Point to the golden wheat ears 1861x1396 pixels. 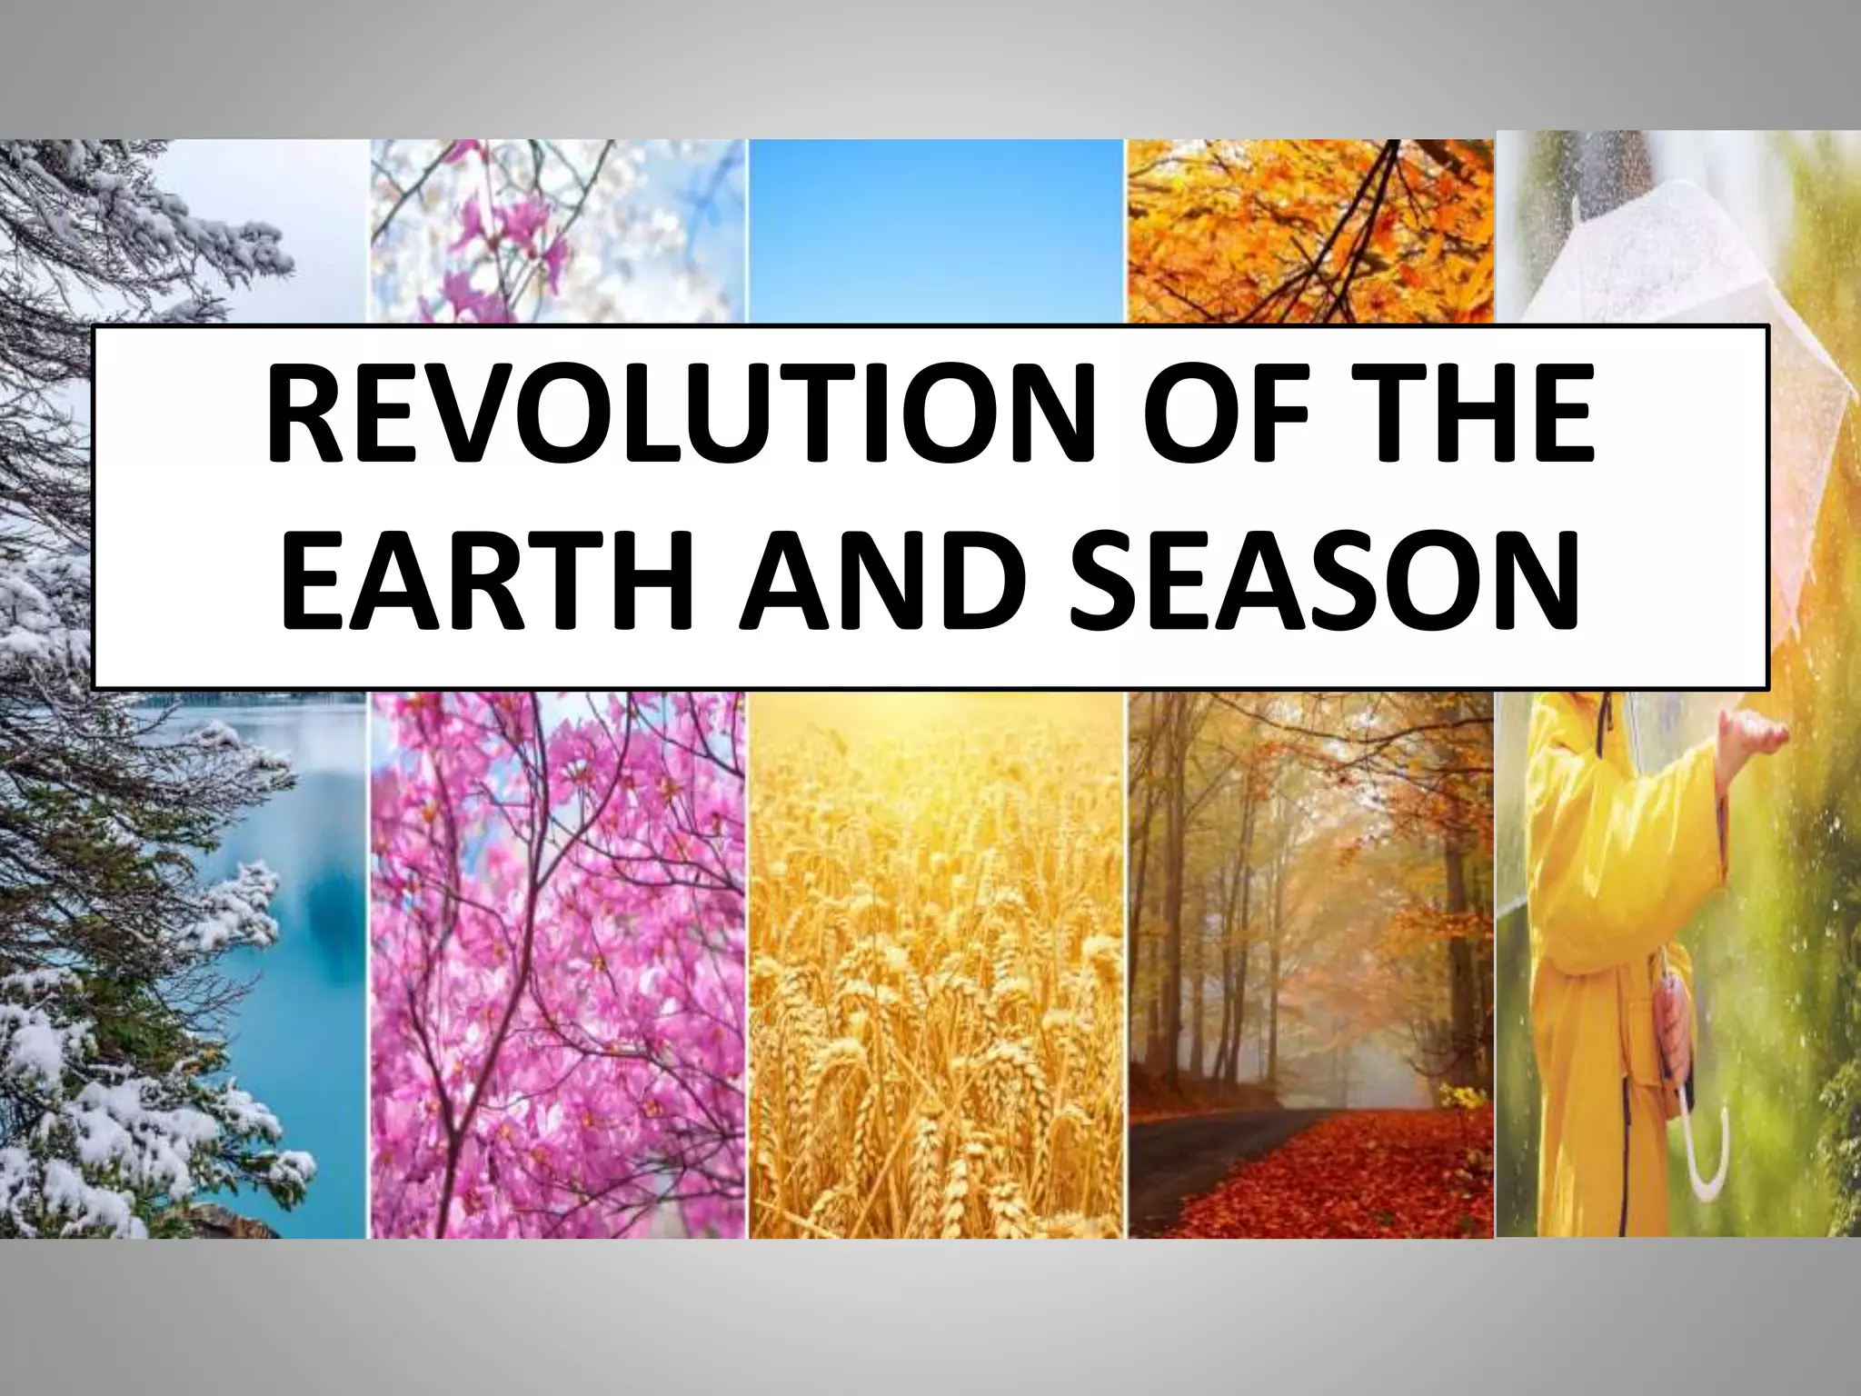point(936,1045)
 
